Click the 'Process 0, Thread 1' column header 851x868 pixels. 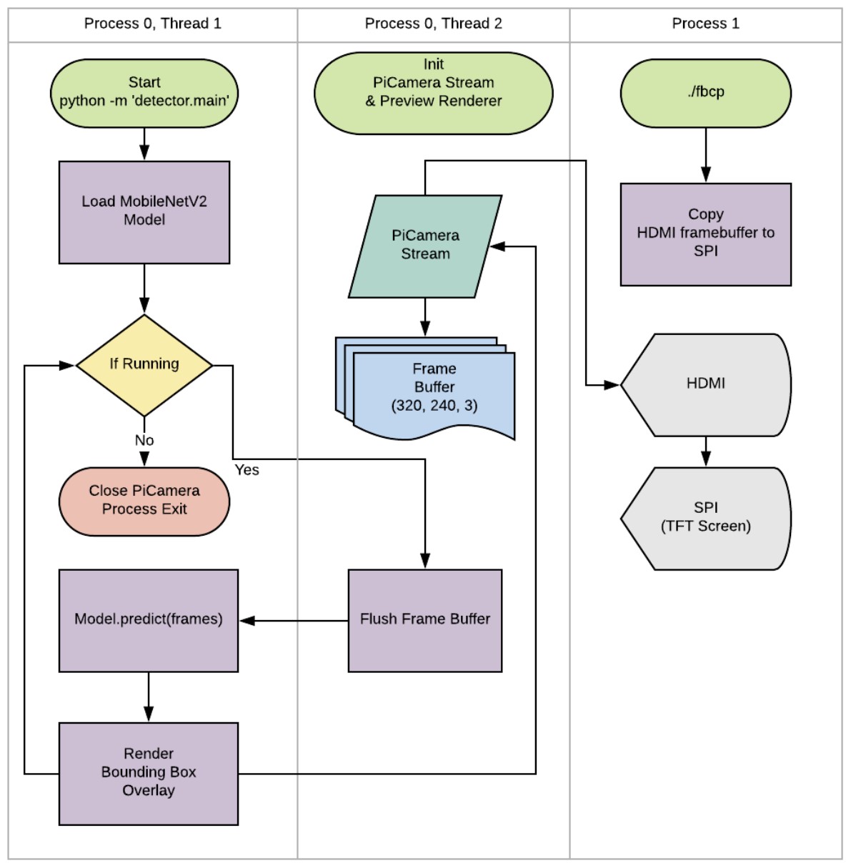point(152,24)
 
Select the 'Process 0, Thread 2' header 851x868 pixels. point(433,24)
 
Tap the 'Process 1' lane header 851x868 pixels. point(705,24)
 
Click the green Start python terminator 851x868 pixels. point(144,93)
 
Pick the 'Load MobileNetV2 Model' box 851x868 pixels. point(144,212)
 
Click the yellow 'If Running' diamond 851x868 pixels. point(144,365)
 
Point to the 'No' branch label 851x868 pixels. point(144,441)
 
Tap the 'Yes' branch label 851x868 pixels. point(247,470)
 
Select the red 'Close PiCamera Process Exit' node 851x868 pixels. point(144,501)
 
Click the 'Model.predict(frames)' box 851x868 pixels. point(149,620)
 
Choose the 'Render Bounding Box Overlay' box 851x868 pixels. point(149,773)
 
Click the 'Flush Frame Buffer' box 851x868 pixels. point(425,620)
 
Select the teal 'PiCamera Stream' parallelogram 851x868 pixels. point(425,246)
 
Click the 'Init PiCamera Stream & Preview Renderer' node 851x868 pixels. point(433,93)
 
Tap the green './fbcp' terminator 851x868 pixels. point(705,93)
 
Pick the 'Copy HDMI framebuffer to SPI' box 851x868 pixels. point(705,234)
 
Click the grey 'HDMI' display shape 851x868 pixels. point(705,384)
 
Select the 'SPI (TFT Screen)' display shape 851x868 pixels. point(705,518)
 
